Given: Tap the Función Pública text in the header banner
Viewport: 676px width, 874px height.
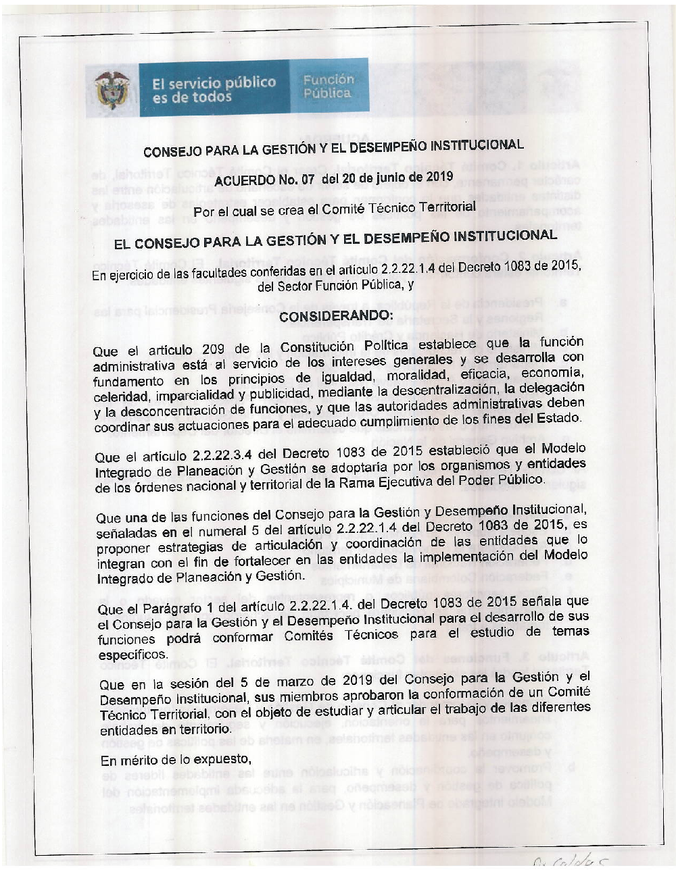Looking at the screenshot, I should coord(328,86).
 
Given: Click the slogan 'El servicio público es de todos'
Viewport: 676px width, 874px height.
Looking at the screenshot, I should coord(213,90).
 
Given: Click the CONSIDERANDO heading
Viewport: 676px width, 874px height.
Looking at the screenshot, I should coord(335,316).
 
